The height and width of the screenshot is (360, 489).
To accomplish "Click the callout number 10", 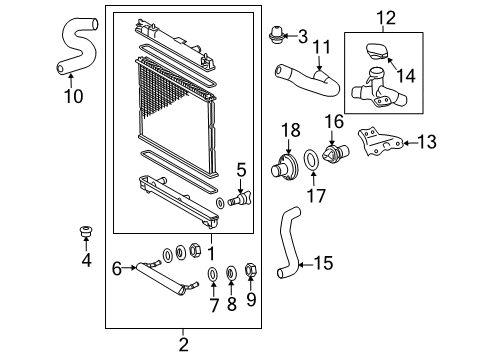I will click(69, 97).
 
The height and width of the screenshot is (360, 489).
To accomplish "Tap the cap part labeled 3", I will click(276, 39).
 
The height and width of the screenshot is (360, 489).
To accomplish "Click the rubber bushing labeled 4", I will click(85, 236).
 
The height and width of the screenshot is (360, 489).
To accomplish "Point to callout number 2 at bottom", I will click(184, 345).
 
